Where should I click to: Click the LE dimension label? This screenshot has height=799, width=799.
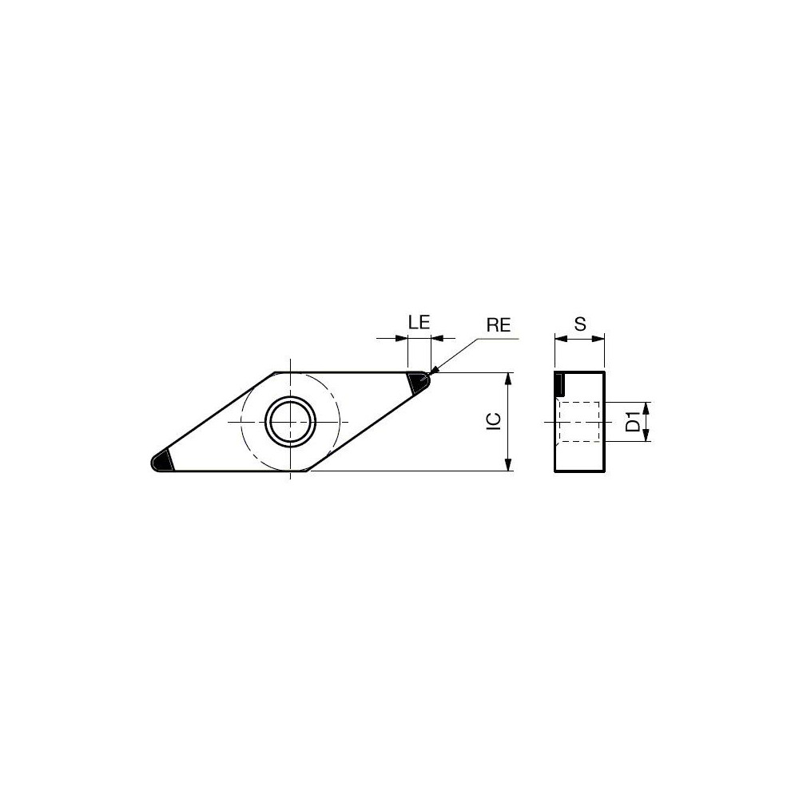(x=419, y=322)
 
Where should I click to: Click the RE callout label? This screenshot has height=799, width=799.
(x=498, y=324)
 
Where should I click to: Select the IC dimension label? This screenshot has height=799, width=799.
(x=494, y=422)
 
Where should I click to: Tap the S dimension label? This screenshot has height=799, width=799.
(x=580, y=324)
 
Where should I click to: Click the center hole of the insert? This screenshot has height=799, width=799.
(x=291, y=421)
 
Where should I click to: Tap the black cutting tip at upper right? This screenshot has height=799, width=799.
(x=417, y=382)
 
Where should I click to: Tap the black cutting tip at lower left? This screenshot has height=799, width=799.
(x=163, y=461)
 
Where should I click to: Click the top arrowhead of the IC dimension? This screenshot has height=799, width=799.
(x=508, y=378)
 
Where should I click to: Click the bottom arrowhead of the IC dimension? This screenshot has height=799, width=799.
(x=508, y=465)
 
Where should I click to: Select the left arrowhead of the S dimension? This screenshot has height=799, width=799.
(x=560, y=339)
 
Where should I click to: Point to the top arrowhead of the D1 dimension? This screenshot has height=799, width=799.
(x=646, y=406)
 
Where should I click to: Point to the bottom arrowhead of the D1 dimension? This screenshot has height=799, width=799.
(x=646, y=436)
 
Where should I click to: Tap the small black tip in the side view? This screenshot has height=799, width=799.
(x=559, y=384)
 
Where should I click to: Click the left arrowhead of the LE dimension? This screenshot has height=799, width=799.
(x=402, y=339)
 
